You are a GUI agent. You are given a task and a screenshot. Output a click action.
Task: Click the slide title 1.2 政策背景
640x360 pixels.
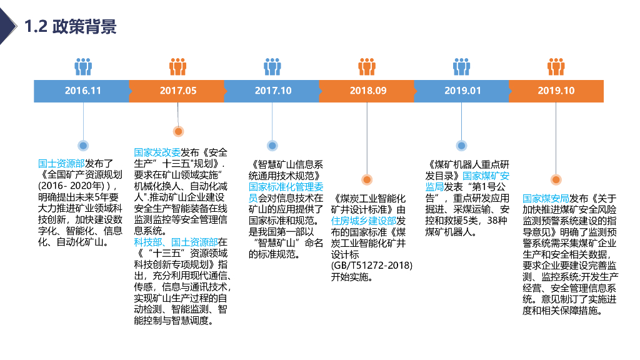click(70, 26)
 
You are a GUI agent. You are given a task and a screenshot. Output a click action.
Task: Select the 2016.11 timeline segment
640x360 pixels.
click(82, 91)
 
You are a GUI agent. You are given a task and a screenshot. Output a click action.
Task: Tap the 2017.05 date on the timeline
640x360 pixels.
click(178, 91)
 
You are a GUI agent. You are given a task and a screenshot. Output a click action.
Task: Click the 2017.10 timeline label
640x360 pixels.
click(273, 91)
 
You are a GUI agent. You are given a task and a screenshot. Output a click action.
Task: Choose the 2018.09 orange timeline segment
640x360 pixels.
click(367, 91)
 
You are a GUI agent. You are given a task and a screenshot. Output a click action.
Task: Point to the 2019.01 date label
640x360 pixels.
click(462, 91)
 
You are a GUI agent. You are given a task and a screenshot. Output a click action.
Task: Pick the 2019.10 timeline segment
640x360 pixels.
click(556, 91)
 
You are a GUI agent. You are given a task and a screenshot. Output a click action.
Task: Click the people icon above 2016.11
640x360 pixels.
click(83, 66)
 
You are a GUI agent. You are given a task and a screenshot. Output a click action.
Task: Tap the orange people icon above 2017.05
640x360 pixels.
click(178, 66)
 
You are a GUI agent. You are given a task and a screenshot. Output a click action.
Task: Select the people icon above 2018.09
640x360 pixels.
click(367, 66)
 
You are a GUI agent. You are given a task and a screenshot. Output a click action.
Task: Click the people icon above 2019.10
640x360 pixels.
click(556, 66)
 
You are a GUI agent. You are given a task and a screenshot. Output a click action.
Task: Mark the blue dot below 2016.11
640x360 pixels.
click(82, 146)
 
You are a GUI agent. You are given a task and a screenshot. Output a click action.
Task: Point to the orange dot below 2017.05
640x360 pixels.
click(178, 131)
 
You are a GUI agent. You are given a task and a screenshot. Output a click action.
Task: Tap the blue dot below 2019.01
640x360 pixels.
click(461, 146)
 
